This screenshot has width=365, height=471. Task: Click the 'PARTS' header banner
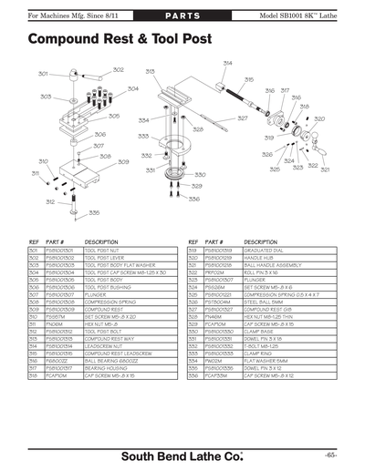182,17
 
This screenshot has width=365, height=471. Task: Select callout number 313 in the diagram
150,71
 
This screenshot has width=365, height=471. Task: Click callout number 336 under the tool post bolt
94,213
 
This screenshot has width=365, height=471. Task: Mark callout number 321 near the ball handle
325,169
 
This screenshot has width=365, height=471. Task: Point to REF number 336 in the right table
193,374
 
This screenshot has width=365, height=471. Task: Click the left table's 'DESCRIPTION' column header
101,241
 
